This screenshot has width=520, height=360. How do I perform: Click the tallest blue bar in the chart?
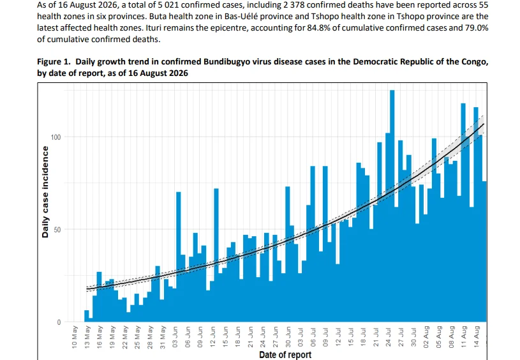pyautogui.click(x=392, y=206)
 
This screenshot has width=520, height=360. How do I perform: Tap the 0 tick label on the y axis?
pyautogui.click(x=59, y=322)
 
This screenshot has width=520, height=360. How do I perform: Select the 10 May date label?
pyautogui.click(x=75, y=336)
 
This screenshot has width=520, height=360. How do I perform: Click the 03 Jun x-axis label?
pyautogui.click(x=175, y=336)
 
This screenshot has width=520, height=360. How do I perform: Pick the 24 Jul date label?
pyautogui.click(x=389, y=336)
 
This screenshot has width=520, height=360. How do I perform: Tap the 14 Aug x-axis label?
pyautogui.click(x=476, y=336)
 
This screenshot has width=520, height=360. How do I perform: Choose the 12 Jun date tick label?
pyautogui.click(x=212, y=336)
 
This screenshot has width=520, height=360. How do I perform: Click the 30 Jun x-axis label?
pyautogui.click(x=288, y=336)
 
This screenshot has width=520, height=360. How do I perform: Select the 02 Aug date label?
pyautogui.click(x=426, y=336)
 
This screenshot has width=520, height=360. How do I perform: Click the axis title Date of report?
pyautogui.click(x=285, y=355)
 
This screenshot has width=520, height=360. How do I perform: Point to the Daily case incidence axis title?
pyautogui.click(x=45, y=191)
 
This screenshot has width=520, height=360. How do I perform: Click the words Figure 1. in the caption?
pyautogui.click(x=54, y=62)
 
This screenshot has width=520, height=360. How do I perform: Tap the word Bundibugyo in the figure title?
pyautogui.click(x=228, y=62)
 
